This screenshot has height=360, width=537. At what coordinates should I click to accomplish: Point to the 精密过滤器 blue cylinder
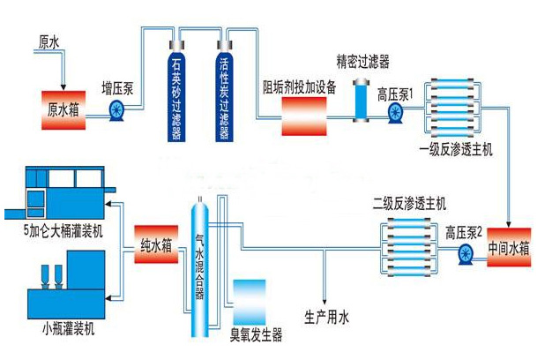362,101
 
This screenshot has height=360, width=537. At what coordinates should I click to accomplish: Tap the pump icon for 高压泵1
393,111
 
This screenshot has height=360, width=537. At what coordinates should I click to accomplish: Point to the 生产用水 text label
326,315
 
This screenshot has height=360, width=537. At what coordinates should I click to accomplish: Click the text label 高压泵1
395,90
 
